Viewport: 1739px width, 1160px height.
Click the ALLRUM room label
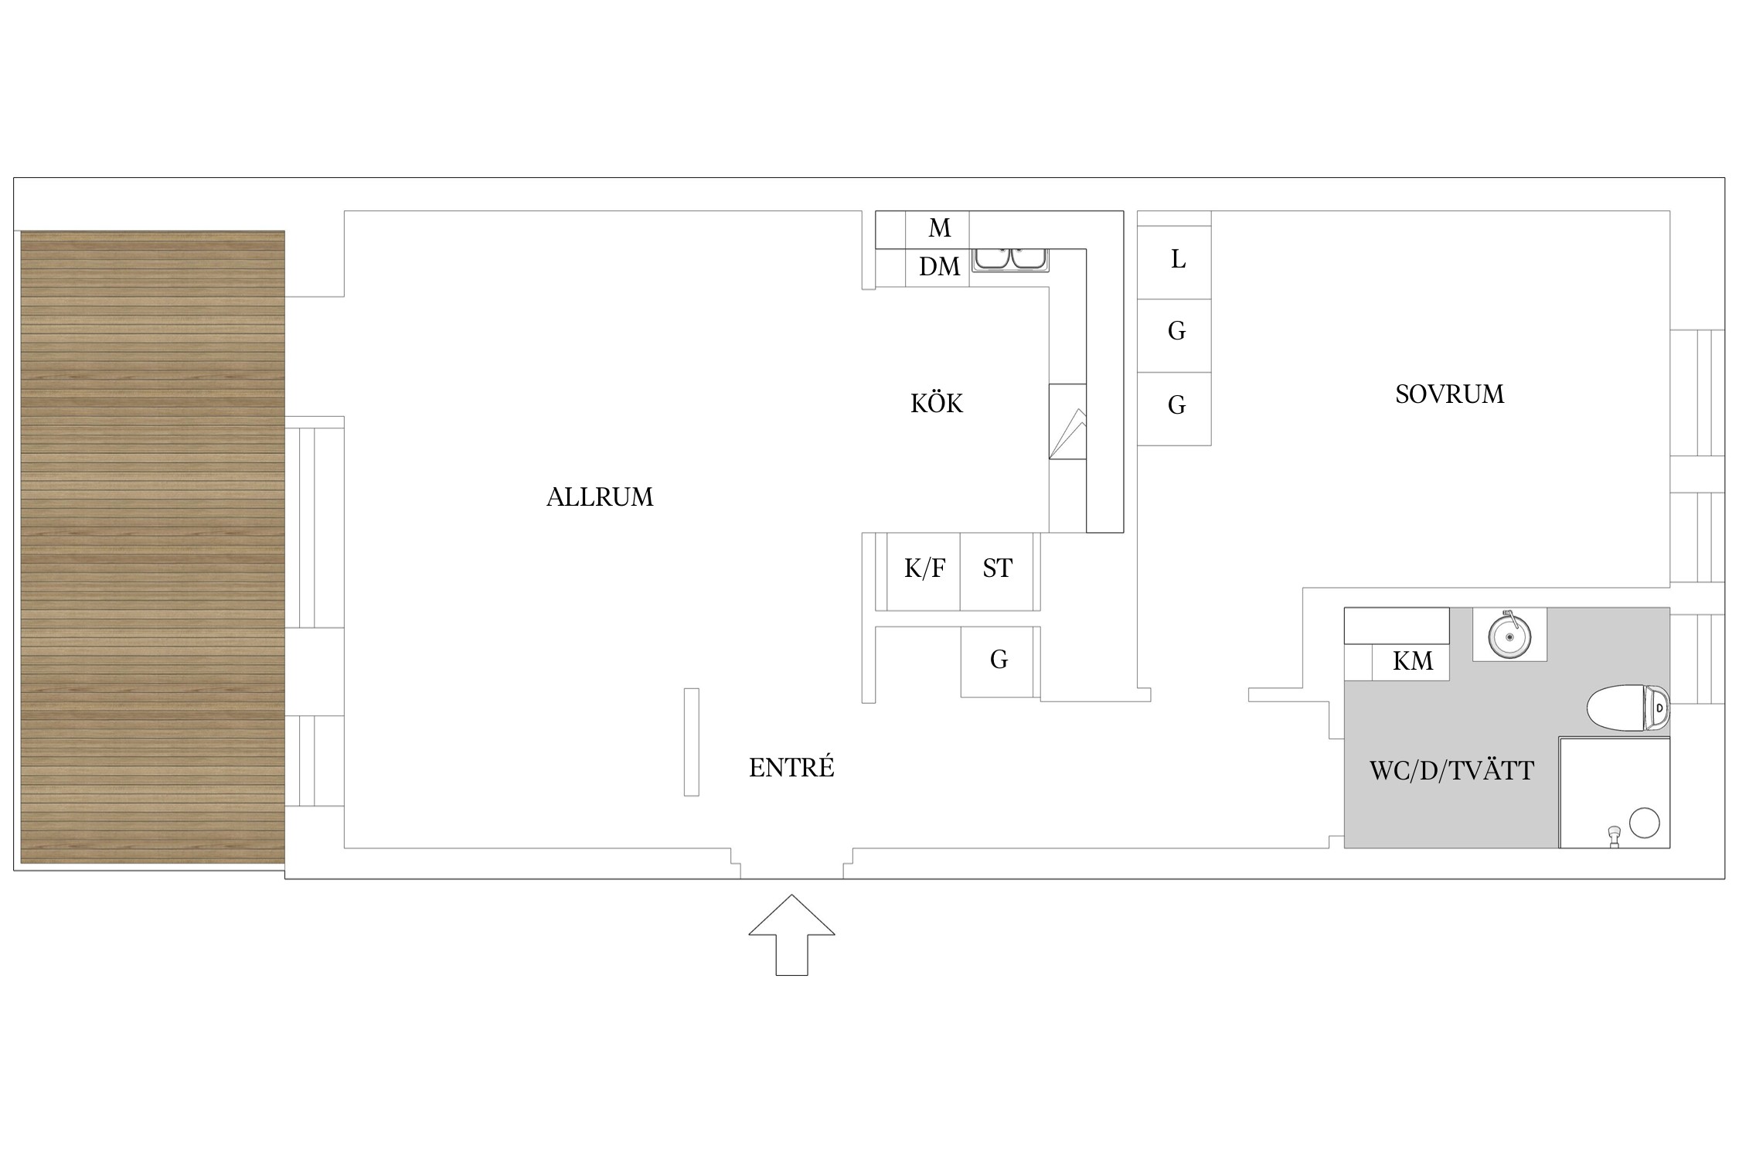point(600,496)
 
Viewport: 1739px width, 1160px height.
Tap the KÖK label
point(936,404)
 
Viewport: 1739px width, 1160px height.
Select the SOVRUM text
point(1449,394)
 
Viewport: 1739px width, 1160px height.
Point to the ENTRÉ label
point(791,768)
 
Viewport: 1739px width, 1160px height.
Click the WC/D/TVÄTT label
point(1451,771)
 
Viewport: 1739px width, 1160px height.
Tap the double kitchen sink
point(1009,260)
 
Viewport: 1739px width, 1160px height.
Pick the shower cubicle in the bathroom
point(1614,793)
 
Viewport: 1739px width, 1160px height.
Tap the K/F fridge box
point(924,570)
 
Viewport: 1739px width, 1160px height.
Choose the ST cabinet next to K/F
point(997,570)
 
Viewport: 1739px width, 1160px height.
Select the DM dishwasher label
point(938,268)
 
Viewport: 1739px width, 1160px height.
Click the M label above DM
point(938,228)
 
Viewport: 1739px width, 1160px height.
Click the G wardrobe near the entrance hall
point(999,660)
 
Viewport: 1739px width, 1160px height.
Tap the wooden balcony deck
point(152,547)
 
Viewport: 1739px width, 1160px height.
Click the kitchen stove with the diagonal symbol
point(1067,421)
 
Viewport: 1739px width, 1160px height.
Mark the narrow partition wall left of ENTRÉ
point(691,742)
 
